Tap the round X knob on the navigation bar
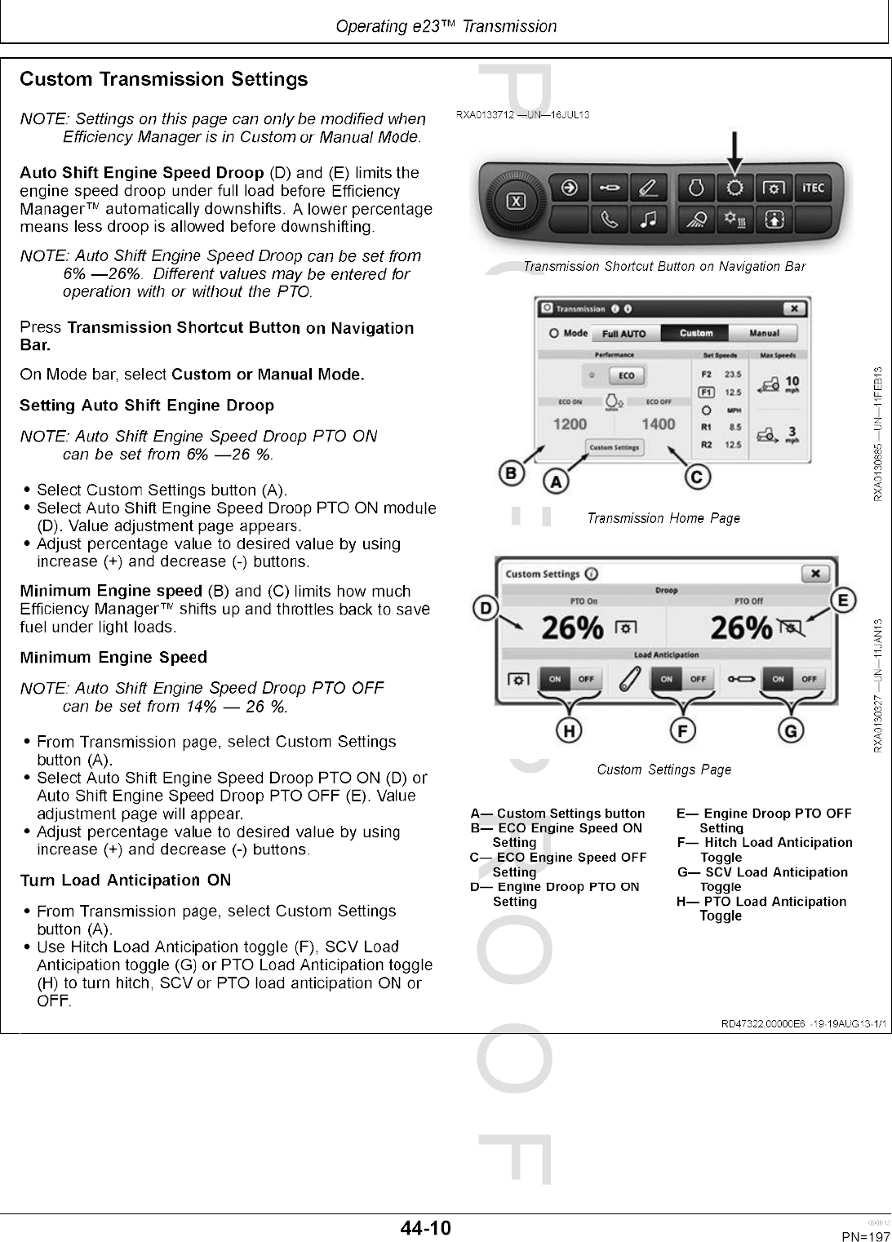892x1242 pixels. [x=516, y=202]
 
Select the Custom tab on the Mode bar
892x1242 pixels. [x=696, y=333]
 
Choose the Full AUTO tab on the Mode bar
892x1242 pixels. [x=624, y=333]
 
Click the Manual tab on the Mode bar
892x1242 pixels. [x=763, y=333]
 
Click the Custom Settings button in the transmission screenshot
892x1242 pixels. [x=615, y=447]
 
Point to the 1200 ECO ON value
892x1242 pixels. [x=570, y=424]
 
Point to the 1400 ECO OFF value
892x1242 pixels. [x=658, y=424]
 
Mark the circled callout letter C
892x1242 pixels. [x=698, y=477]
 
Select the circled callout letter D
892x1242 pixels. [x=486, y=608]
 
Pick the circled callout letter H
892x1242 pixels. [x=569, y=731]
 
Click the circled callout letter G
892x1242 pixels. [x=790, y=731]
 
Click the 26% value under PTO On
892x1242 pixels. [x=573, y=628]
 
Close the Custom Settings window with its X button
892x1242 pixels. [x=814, y=574]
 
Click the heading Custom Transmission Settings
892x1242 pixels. [x=164, y=80]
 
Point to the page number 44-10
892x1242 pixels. [x=425, y=1227]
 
